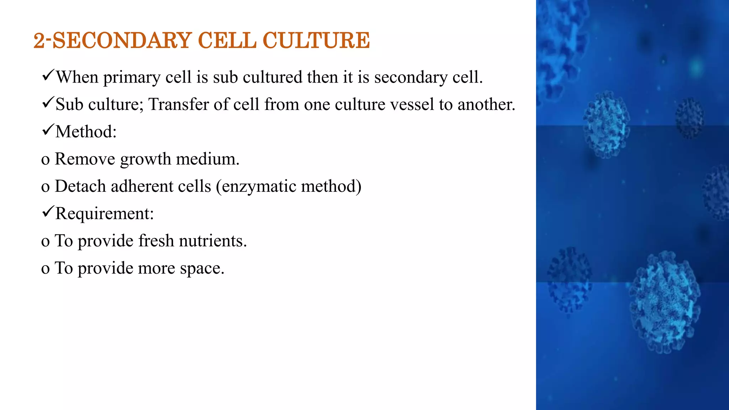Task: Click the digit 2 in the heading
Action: [x=39, y=40]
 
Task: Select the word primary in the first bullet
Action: [x=132, y=78]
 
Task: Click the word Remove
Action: [x=85, y=159]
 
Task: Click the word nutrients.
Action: [x=213, y=241]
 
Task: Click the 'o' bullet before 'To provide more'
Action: [x=45, y=269]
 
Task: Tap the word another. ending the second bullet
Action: [x=486, y=105]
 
